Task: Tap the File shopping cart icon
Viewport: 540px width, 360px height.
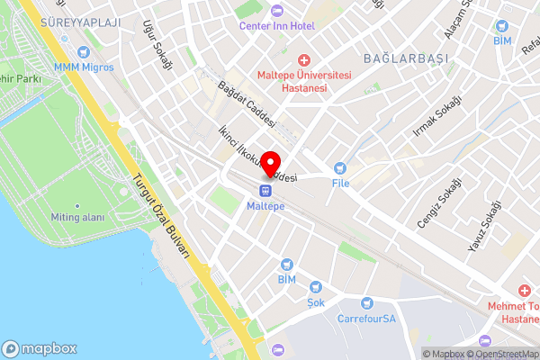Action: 339,166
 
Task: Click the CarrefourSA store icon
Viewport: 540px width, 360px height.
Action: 366,303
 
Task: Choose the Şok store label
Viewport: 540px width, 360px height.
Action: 316,302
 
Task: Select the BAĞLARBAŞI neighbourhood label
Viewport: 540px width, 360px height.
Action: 405,58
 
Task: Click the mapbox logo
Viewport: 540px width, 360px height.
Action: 40,348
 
